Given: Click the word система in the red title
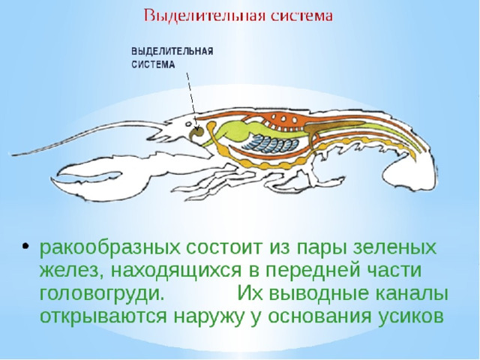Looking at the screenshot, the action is [x=300, y=16].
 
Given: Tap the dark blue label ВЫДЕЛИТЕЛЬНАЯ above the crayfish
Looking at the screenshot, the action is [x=172, y=51].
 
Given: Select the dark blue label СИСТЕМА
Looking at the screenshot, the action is [x=153, y=64].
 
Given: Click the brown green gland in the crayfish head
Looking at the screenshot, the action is [x=196, y=133].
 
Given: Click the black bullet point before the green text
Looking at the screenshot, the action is [x=25, y=246].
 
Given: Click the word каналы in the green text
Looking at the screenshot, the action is [x=412, y=294].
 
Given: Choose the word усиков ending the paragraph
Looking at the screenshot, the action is [x=410, y=316].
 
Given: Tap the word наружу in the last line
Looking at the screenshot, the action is [x=210, y=317].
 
